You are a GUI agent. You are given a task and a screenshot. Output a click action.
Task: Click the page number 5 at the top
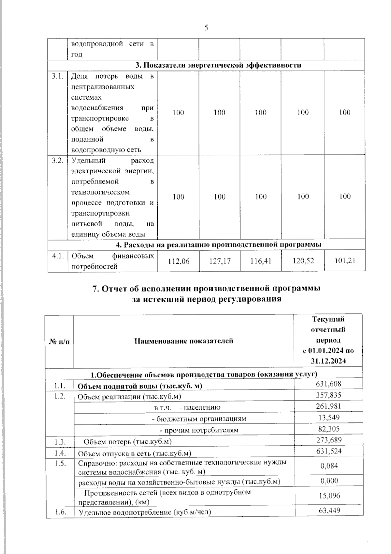pos(206,28)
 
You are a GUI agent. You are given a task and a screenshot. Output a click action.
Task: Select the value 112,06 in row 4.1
pos(178,261)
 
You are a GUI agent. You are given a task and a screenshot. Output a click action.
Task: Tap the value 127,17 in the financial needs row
pos(220,261)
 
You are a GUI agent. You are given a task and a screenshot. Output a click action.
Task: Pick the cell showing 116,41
pos(261,261)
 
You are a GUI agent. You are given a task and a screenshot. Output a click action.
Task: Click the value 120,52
pos(303,261)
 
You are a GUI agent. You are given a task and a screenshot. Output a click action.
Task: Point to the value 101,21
pos(345,261)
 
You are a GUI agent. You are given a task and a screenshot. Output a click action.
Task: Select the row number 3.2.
pos(57,161)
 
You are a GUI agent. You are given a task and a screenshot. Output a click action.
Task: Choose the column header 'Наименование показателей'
pos(184,341)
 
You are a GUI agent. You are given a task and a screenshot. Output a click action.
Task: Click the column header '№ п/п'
pos(59,341)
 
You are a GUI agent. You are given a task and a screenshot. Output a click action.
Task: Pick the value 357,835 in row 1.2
pos(328,395)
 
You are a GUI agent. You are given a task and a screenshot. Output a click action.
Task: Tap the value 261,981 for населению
pos(328,406)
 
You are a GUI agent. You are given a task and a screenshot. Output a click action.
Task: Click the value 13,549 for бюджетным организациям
pos(329,417)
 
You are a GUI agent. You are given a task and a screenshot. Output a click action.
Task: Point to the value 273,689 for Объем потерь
pos(329,440)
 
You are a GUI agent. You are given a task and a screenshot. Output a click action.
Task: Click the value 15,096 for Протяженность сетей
pos(329,496)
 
